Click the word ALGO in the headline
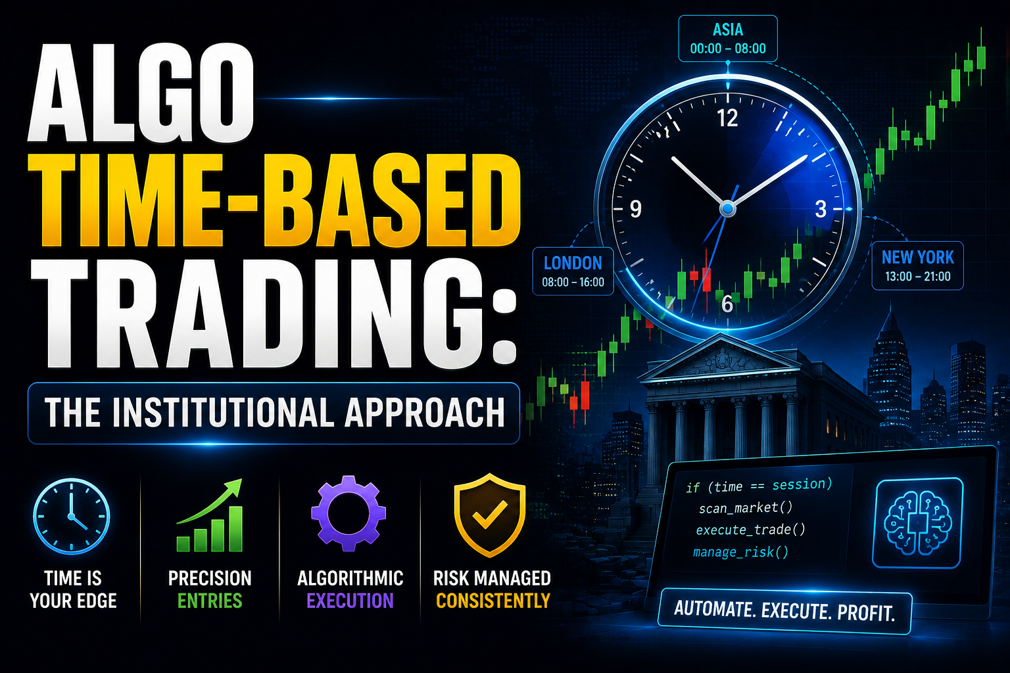coord(141,93)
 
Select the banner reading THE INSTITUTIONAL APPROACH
coord(274,413)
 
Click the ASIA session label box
coord(728,39)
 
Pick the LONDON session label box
coord(573,271)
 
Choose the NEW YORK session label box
coord(917,266)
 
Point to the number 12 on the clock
coord(727,118)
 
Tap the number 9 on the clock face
coord(635,209)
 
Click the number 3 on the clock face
coord(821,209)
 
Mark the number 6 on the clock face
coord(727,304)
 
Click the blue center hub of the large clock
coord(727,209)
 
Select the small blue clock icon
coord(72,516)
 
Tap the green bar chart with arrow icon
coord(210,515)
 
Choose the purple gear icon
coord(349,513)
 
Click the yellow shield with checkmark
coord(490,515)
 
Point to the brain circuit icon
coord(917,523)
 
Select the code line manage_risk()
coord(740,552)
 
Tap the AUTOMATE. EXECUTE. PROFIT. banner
coord(784,611)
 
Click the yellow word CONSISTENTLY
coord(493,601)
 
